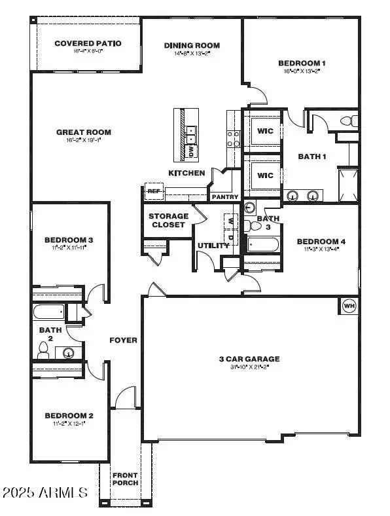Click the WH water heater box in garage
tap(348, 306)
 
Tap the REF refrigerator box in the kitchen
tap(153, 191)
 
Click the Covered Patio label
tap(88, 43)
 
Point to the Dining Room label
tap(192, 45)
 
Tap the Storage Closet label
tap(168, 220)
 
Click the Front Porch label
tap(125, 479)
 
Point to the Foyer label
tap(123, 340)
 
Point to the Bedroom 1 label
tap(302, 63)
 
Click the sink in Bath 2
tap(68, 352)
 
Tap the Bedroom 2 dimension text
tap(69, 424)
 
